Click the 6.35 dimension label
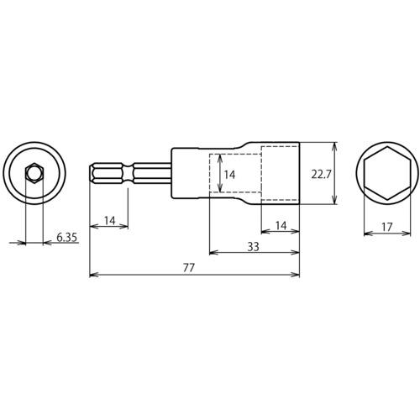66,238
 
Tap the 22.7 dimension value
321,175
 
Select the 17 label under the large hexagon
387,227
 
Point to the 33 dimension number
253,247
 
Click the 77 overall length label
188,268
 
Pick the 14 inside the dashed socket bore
229,175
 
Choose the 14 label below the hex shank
110,221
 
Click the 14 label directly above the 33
281,225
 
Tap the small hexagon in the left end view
34,173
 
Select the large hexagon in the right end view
387,173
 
